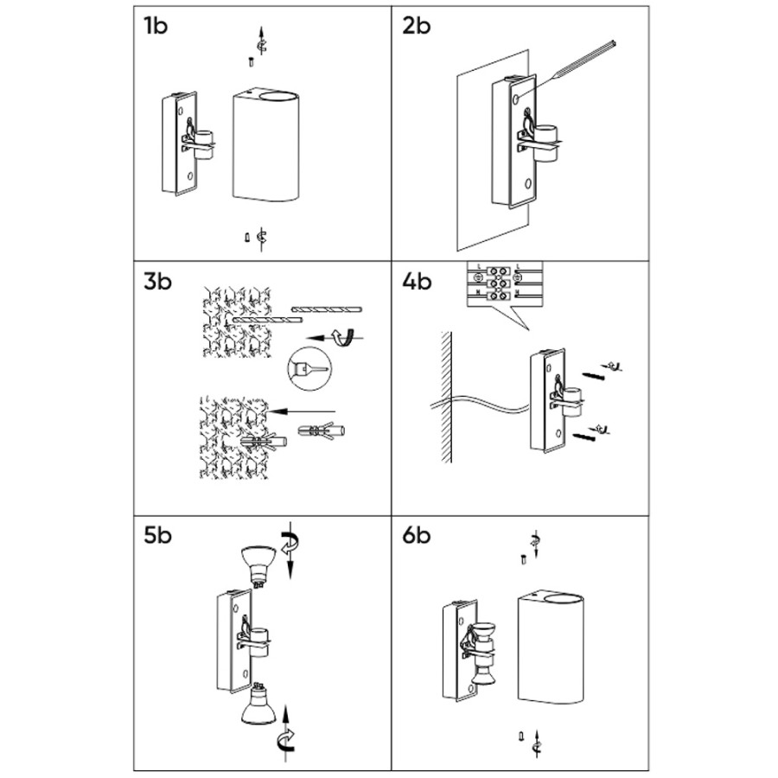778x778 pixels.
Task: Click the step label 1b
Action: [156, 25]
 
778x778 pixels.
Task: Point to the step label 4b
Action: [418, 281]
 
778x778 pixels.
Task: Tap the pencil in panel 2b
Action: [571, 64]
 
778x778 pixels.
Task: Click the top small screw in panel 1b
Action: [250, 60]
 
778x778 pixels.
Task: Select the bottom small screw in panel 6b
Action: [520, 737]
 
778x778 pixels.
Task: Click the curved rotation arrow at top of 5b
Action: [292, 544]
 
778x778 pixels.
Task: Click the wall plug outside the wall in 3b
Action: [321, 430]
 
